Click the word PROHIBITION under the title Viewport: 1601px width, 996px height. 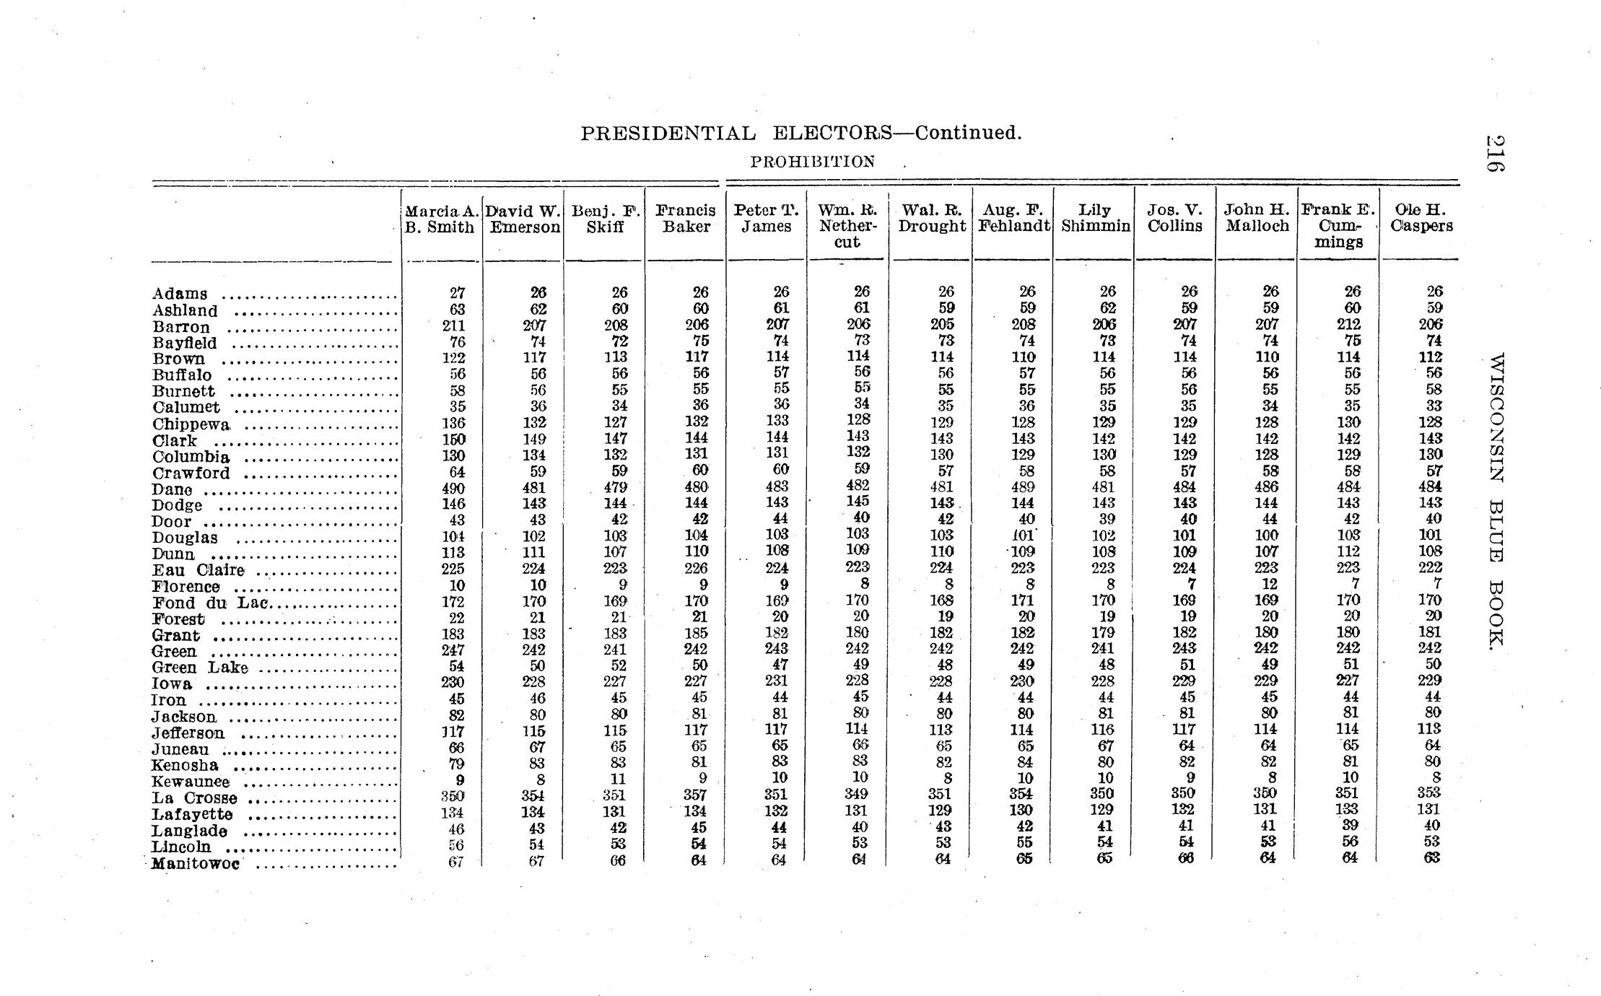point(812,162)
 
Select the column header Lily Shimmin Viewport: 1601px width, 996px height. point(1095,218)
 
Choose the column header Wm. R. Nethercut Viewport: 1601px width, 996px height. point(847,226)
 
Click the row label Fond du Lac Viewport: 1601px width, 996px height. point(210,603)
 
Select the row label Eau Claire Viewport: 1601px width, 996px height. point(198,570)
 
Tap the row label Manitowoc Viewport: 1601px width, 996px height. point(195,863)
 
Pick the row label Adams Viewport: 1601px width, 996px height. point(180,294)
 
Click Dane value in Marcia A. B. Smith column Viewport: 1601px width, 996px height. point(453,489)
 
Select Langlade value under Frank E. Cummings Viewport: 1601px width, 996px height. point(1349,825)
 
